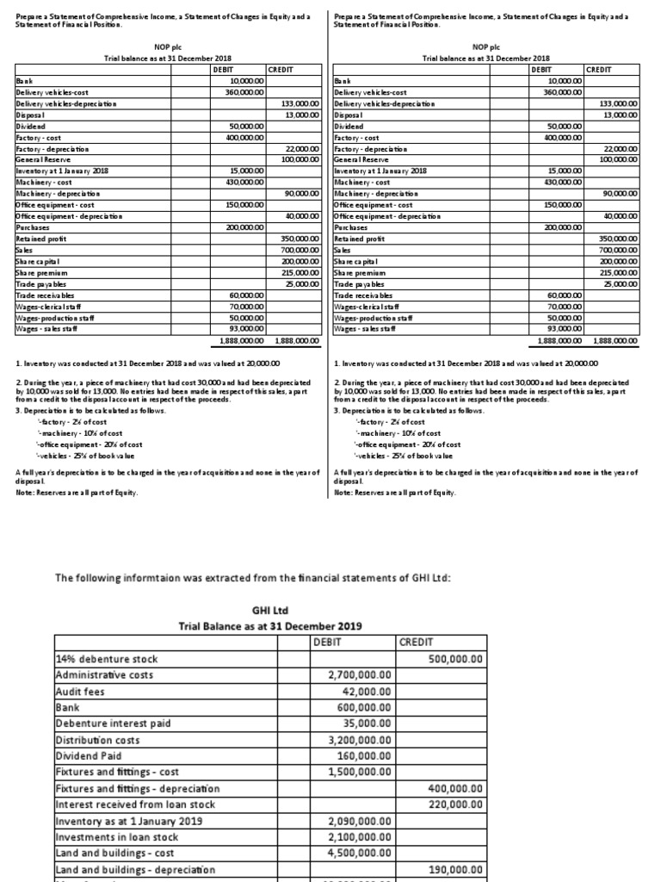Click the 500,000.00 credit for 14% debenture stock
pos(455,659)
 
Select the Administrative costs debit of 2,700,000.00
pos(360,675)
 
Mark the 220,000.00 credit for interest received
pos(455,804)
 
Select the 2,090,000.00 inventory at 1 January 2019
pos(360,821)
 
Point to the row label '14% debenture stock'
pos(106,659)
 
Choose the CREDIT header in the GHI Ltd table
pos(417,643)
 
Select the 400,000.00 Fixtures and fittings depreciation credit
pos(455,788)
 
